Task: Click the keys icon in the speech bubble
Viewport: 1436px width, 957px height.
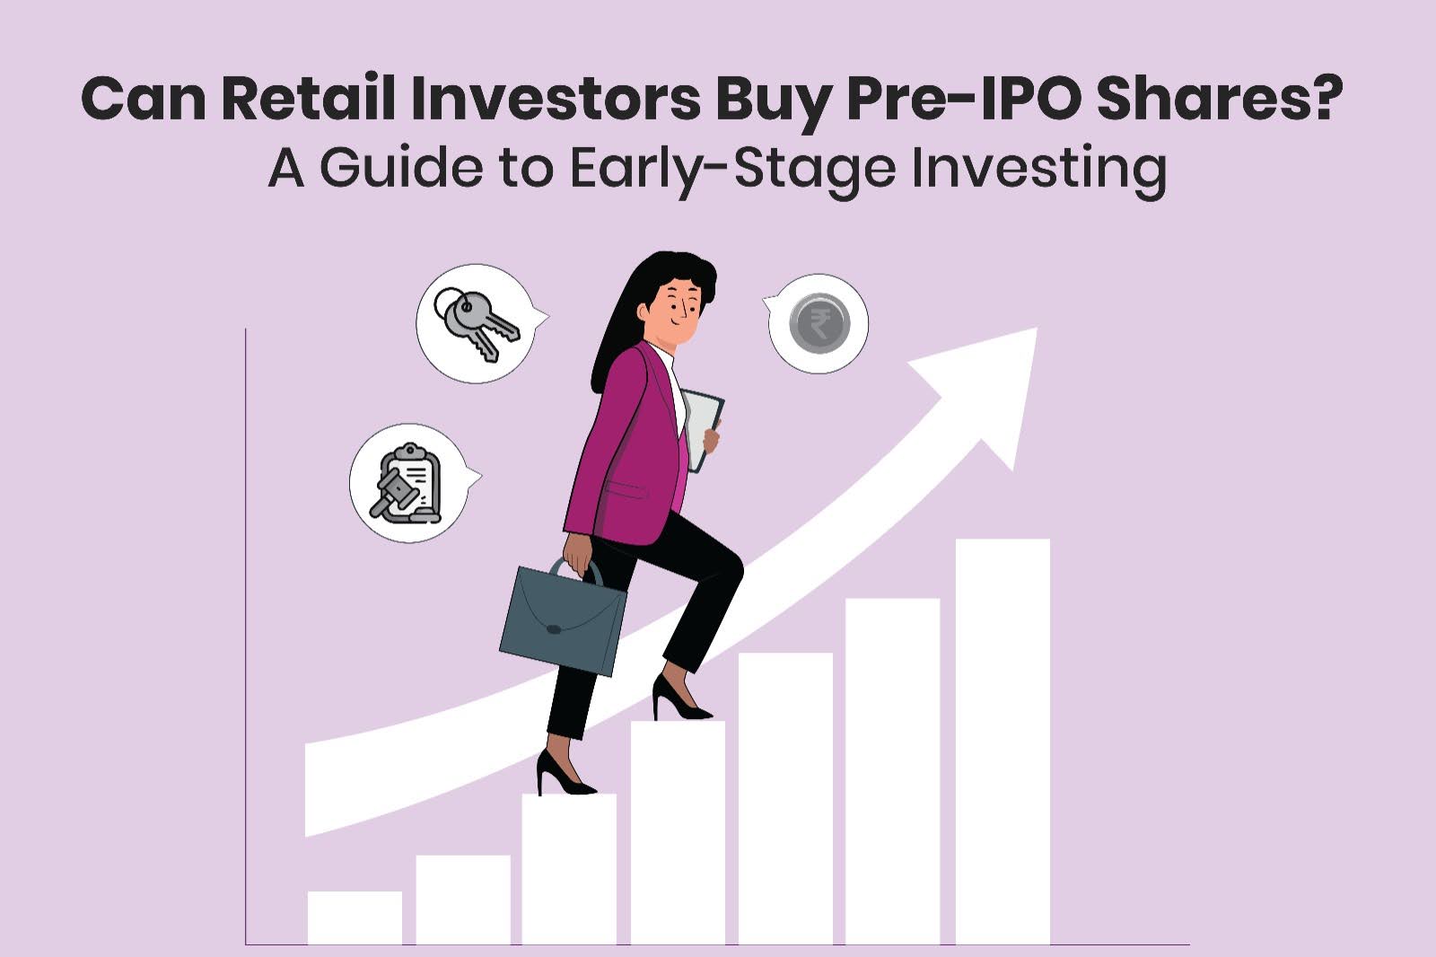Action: [x=475, y=324]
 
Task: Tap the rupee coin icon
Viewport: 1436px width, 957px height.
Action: [x=819, y=323]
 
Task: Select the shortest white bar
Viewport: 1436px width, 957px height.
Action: [x=355, y=917]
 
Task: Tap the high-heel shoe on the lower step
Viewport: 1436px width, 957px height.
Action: [x=560, y=777]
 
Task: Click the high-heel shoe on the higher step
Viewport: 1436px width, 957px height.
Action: [x=679, y=700]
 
